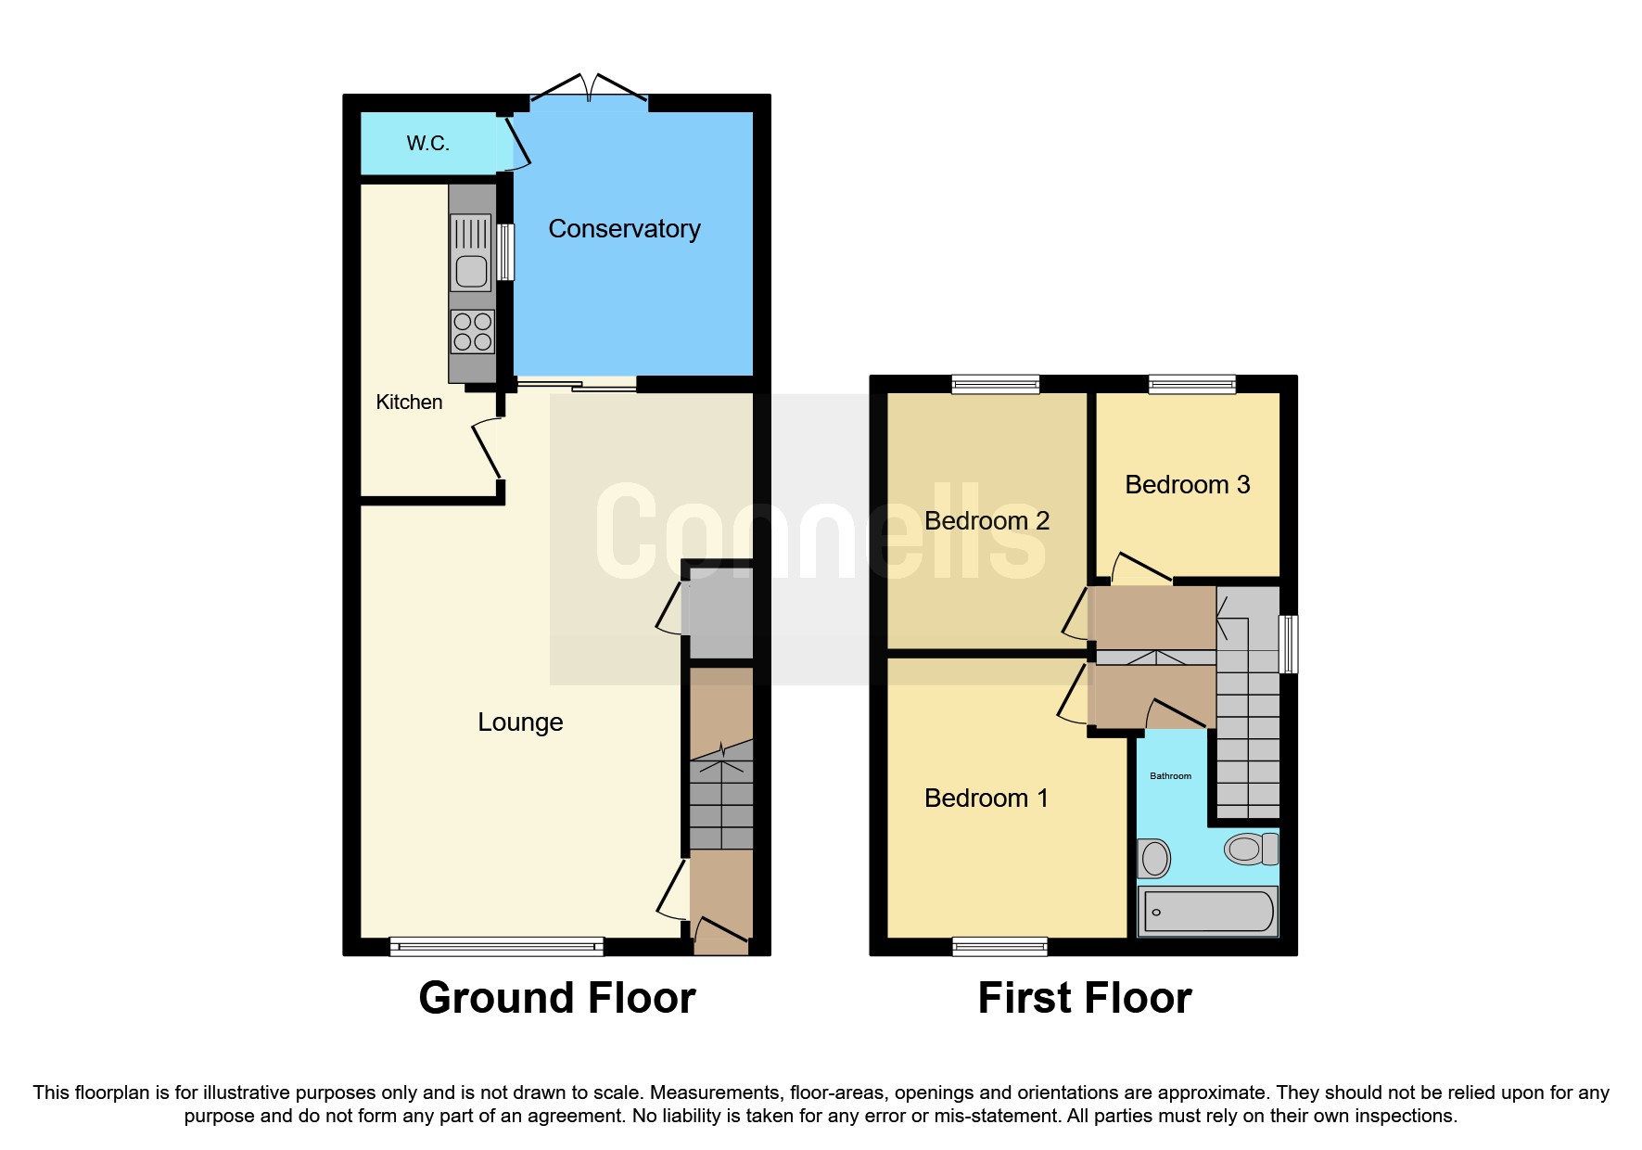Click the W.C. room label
427,144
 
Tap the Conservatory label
624,229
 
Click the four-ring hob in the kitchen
472,332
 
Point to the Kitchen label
409,402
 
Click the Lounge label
520,722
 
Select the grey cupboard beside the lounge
718,618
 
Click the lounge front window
496,946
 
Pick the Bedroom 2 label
986,521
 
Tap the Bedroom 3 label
1187,485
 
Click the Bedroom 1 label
986,799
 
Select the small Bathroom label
1170,776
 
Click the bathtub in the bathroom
1207,911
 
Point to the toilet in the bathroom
1249,849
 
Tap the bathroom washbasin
1154,858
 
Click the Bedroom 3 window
1191,384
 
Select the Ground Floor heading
556,999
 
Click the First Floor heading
1084,999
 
